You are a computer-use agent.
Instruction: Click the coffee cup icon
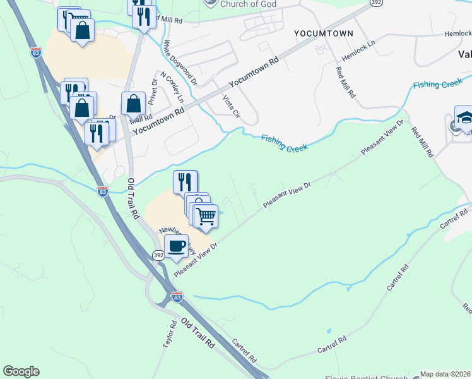[x=176, y=246]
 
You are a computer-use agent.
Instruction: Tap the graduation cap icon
[x=464, y=119]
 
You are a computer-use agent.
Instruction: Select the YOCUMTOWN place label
[x=322, y=32]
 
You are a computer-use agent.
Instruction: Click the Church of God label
[x=245, y=4]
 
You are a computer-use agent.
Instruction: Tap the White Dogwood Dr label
[x=172, y=62]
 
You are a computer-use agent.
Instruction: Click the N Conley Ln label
[x=172, y=87]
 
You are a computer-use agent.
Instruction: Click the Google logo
[x=21, y=371]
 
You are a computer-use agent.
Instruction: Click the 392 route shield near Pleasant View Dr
[x=158, y=255]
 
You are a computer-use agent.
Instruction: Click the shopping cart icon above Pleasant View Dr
[x=206, y=216]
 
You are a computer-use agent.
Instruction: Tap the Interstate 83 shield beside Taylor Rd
[x=177, y=296]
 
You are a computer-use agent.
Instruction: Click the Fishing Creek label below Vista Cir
[x=284, y=143]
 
